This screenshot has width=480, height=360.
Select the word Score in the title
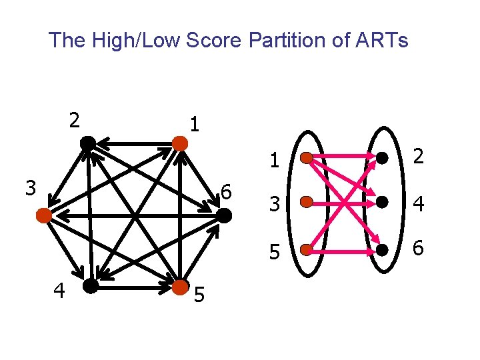pyautogui.click(x=214, y=41)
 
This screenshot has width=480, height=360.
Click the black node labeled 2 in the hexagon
pyautogui.click(x=87, y=143)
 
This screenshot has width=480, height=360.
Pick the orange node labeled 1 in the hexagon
pyautogui.click(x=179, y=143)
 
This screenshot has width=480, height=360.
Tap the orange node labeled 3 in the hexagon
pyautogui.click(x=44, y=215)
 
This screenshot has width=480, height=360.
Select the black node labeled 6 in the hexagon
pyautogui.click(x=223, y=215)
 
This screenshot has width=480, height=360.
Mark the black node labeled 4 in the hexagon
pyautogui.click(x=89, y=287)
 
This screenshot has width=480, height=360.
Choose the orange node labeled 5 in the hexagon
pyautogui.click(x=180, y=288)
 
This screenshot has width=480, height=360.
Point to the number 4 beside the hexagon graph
pyautogui.click(x=59, y=291)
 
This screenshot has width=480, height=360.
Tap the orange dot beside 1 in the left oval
pyautogui.click(x=305, y=159)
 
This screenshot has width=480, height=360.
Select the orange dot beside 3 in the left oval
pyautogui.click(x=305, y=201)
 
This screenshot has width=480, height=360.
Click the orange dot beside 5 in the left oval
pyautogui.click(x=305, y=250)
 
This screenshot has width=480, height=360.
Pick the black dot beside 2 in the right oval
pyautogui.click(x=382, y=159)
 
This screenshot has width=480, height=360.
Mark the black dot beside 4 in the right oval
pyautogui.click(x=382, y=201)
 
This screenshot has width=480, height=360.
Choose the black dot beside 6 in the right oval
pyautogui.click(x=382, y=250)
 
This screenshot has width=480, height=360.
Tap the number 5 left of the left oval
pyautogui.click(x=273, y=252)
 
